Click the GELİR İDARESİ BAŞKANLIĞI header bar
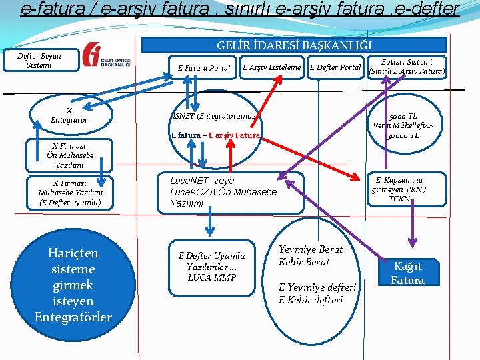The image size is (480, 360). pyautogui.click(x=294, y=45)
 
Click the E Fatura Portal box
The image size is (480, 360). pyautogui.click(x=203, y=67)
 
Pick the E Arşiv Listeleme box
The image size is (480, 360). pyautogui.click(x=272, y=67)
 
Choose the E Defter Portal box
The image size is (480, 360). pyautogui.click(x=335, y=67)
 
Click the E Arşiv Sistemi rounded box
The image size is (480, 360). pyautogui.click(x=407, y=67)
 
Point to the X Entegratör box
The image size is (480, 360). pyautogui.click(x=69, y=115)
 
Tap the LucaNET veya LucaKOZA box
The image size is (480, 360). pyautogui.click(x=230, y=192)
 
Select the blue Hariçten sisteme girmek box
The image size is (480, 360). pyautogui.click(x=73, y=285)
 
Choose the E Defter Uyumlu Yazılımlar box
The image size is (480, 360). pyautogui.click(x=211, y=266)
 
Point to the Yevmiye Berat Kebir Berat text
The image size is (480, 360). pyautogui.click(x=311, y=255)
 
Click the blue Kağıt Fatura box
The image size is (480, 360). pyautogui.click(x=407, y=273)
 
